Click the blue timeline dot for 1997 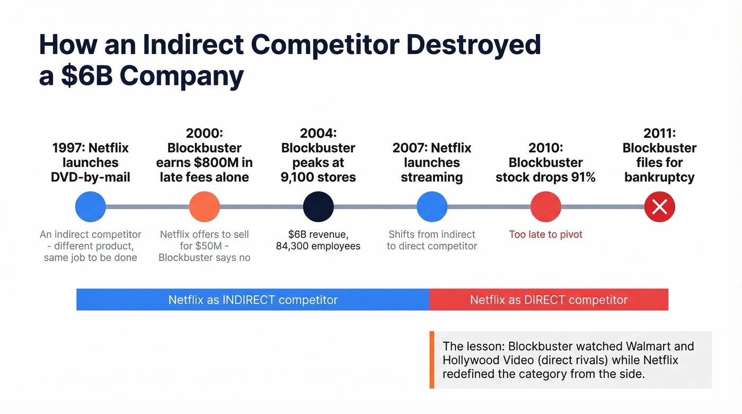[91, 207]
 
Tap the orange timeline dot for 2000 [205, 207]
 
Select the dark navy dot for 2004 [319, 207]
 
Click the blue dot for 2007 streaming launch [432, 207]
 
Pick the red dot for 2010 [546, 207]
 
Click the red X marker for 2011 [659, 207]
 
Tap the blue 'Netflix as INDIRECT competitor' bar [253, 300]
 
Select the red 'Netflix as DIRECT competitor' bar [549, 300]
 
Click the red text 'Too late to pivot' [546, 234]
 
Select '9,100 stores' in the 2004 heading [319, 177]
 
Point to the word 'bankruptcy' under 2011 [659, 177]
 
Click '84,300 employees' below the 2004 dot [319, 246]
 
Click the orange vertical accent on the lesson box [432, 360]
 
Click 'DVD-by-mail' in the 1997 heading [91, 177]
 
